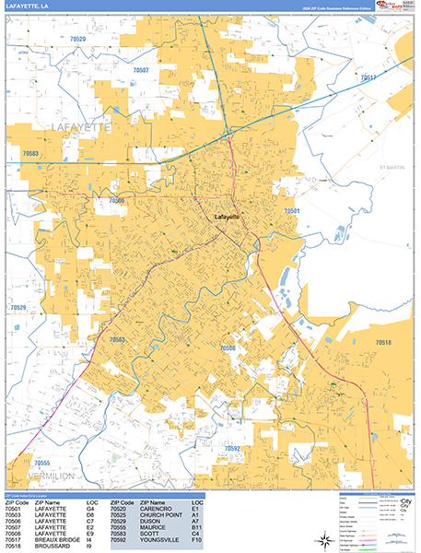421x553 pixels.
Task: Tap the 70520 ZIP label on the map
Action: [x=77, y=40]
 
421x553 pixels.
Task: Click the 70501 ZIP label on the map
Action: [x=292, y=211]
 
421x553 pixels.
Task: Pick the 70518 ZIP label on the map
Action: [x=383, y=343]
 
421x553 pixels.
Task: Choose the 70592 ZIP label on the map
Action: [x=231, y=449]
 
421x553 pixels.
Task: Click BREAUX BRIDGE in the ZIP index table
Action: [x=57, y=540]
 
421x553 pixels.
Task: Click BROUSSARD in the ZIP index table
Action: [x=51, y=547]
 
